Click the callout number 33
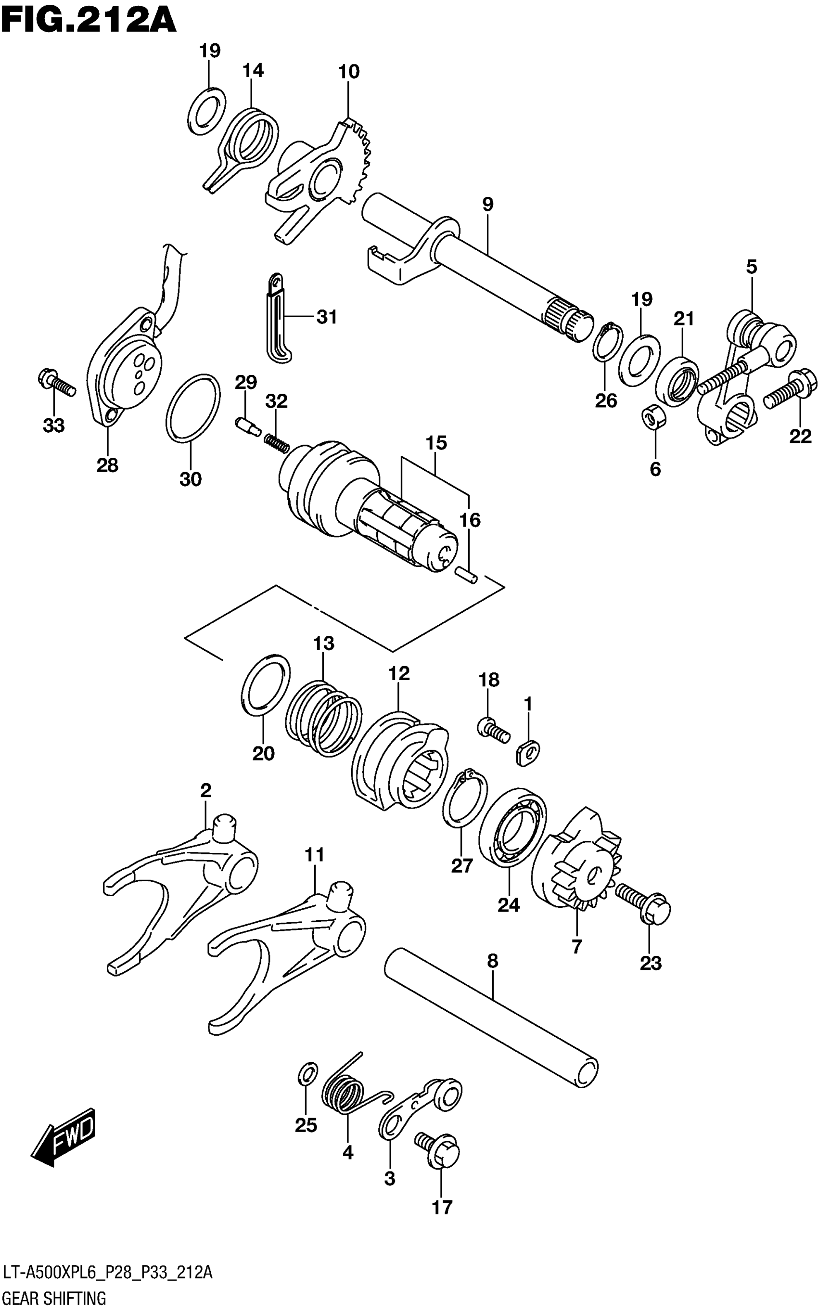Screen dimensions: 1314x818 53,425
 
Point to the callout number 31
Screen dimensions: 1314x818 327,317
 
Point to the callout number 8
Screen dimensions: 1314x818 492,961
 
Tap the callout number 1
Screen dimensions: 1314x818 528,704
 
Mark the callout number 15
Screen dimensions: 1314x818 436,443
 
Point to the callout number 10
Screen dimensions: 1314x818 349,71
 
